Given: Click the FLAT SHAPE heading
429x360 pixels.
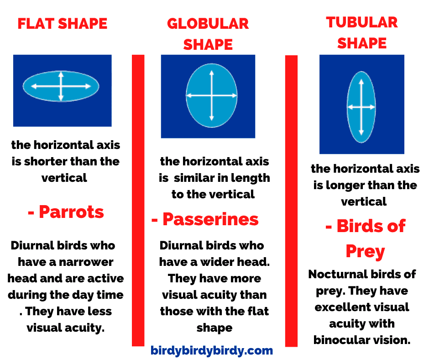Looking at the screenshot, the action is (x=63, y=24).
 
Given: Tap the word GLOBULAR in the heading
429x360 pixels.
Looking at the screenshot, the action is (x=208, y=24).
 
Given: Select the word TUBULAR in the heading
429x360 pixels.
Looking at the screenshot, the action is (x=362, y=22).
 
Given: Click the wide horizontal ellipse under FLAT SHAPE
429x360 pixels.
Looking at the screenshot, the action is (x=61, y=86).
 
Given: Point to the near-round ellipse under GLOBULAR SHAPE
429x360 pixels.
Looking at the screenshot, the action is (x=211, y=95).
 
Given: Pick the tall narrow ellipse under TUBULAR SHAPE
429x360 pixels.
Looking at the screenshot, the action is (x=361, y=107).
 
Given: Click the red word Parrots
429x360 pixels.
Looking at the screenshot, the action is (x=71, y=212).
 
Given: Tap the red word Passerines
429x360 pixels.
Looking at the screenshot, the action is (x=210, y=219).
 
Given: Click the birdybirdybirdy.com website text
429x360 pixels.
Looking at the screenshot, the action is (x=212, y=350).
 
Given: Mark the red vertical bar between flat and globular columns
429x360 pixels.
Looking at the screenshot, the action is (x=138, y=200).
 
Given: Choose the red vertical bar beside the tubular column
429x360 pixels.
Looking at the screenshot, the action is (x=291, y=201).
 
